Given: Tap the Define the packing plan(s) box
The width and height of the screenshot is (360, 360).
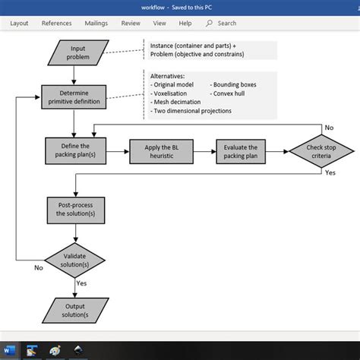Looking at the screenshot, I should point(74,150).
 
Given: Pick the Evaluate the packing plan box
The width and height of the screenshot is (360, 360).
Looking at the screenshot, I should point(241,150).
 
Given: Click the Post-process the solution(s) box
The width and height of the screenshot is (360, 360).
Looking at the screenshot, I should point(74,209).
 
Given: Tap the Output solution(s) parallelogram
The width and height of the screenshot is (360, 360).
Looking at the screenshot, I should point(74,309).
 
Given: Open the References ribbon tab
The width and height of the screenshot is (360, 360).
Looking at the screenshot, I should point(56,24).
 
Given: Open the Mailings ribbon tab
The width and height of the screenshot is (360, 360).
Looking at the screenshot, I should point(96,24).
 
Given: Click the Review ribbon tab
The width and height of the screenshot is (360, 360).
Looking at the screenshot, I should point(131,24).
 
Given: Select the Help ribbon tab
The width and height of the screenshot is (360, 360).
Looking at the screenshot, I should point(185,24).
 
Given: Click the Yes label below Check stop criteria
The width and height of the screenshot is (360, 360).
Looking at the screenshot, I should point(330,172).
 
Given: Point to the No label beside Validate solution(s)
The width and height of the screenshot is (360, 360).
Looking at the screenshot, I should point(38,267).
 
